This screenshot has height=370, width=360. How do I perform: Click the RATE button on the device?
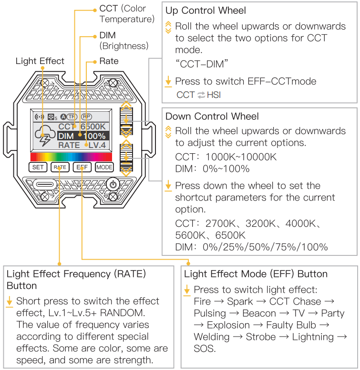(x=60, y=167)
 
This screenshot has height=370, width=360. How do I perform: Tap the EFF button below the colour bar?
(x=82, y=167)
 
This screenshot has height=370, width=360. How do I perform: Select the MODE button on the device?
(x=104, y=167)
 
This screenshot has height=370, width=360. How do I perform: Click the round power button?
(x=113, y=184)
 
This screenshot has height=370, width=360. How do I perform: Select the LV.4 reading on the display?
(x=97, y=145)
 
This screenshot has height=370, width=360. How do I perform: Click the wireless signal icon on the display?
(x=39, y=116)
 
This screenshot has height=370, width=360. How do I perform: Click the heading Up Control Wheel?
(x=206, y=10)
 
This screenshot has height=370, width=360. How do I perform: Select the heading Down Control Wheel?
(x=212, y=116)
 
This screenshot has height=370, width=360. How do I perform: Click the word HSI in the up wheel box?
(x=214, y=95)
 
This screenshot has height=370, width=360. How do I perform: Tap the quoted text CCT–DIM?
(x=202, y=64)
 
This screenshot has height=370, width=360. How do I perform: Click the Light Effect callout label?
(x=40, y=61)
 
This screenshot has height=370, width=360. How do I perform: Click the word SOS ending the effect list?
(x=204, y=349)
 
